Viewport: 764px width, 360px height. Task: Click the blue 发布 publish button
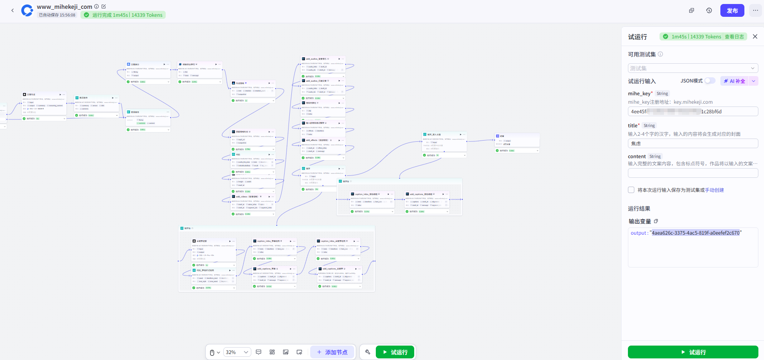732,11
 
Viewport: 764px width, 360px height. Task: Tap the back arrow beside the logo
12,10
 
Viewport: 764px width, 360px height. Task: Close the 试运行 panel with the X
755,36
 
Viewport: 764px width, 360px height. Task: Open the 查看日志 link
734,37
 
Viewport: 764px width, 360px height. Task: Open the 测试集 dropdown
693,68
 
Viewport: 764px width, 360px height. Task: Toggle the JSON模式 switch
710,81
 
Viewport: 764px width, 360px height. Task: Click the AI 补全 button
734,81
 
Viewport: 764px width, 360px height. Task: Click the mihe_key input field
693,112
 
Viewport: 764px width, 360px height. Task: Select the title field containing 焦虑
693,143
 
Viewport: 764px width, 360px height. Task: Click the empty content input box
693,173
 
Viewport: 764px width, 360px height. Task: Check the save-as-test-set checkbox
631,190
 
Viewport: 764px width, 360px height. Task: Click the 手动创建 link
714,190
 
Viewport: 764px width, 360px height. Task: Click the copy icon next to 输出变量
656,221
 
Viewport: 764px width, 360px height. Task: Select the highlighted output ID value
696,233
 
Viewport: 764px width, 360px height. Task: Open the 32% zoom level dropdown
237,352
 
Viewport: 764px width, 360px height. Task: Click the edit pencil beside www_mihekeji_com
104,6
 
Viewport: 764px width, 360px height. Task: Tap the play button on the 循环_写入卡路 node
460,135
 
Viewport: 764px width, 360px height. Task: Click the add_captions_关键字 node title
332,269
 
